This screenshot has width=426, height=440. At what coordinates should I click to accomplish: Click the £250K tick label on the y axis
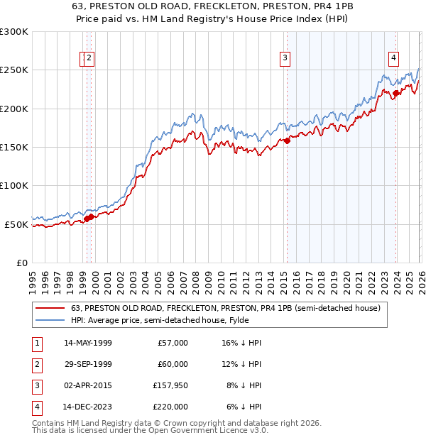(14, 70)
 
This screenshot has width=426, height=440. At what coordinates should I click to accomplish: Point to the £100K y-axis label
(14, 185)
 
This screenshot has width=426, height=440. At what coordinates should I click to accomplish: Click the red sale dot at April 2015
(288, 141)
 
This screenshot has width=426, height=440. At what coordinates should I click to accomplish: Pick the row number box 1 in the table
(36, 343)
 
